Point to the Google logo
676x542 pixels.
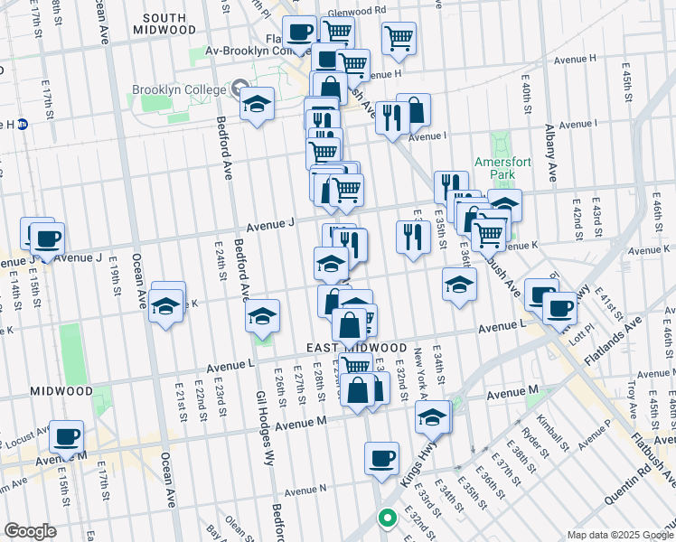(30, 531)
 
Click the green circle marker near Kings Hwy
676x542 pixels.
(387, 518)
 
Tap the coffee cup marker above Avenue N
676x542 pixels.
(381, 457)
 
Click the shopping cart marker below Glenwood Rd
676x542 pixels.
(337, 32)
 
